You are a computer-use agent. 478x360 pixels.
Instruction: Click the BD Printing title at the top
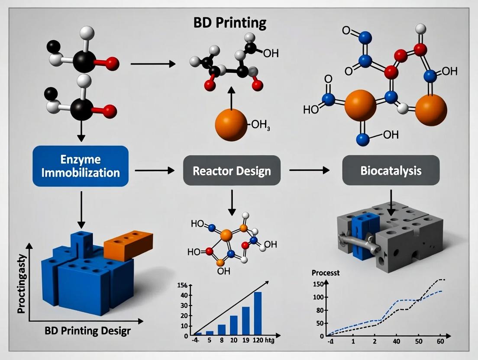(230, 22)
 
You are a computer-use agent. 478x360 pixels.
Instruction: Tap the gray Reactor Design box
(232, 170)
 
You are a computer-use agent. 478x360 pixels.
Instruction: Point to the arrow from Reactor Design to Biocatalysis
(309, 170)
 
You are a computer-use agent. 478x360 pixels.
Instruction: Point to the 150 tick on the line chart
(319, 284)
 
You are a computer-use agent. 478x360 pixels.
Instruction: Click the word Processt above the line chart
(326, 273)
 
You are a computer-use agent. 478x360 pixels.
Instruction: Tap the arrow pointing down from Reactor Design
(232, 202)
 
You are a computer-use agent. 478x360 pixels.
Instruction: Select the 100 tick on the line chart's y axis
(319, 297)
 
